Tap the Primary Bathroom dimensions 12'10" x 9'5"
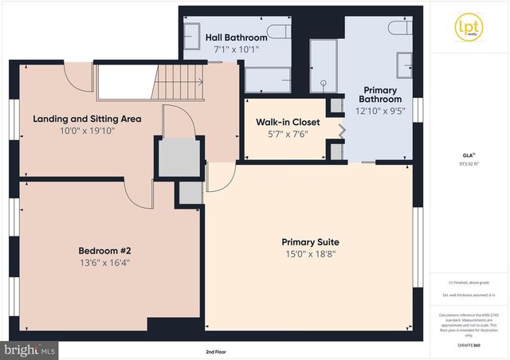[380, 112]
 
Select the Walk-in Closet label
[286, 122]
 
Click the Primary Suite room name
[310, 242]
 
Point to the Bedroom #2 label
[104, 248]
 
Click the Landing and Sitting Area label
[87, 119]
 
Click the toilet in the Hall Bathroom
[278, 32]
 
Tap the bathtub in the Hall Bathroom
[267, 80]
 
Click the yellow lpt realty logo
[468, 25]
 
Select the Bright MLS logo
[29, 349]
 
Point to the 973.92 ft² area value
[467, 163]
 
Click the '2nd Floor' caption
[216, 350]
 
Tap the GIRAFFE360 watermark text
[467, 346]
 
